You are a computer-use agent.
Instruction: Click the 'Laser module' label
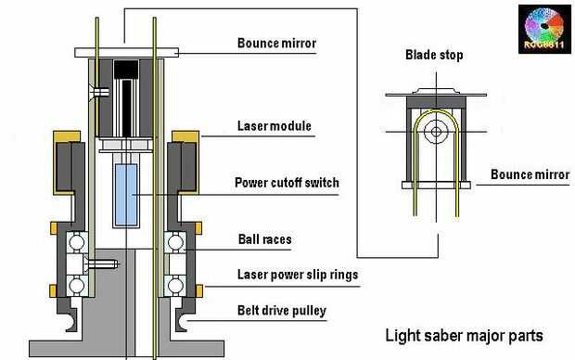tap(275, 126)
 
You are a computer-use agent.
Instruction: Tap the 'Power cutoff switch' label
tap(287, 183)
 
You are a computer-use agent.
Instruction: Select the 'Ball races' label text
tap(264, 239)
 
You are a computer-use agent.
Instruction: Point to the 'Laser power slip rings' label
tap(298, 275)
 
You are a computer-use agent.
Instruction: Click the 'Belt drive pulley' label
tap(282, 311)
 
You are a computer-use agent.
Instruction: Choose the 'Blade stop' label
tap(434, 55)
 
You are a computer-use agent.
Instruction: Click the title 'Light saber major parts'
tap(464, 336)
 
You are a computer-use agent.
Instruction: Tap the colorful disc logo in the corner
tap(544, 30)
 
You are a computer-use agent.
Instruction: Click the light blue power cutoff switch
tap(126, 195)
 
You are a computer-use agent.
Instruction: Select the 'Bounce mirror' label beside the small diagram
tap(530, 174)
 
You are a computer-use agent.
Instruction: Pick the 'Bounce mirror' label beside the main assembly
tap(277, 43)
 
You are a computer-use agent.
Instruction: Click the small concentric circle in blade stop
tap(436, 132)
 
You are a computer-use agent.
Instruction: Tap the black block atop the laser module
tap(126, 70)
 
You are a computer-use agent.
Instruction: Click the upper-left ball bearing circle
tap(77, 242)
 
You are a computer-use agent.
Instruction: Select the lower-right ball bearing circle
tap(175, 285)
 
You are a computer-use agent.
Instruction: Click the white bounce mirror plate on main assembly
tap(127, 53)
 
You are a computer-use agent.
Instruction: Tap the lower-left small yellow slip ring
tap(53, 290)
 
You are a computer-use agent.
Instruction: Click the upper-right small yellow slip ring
tap(198, 228)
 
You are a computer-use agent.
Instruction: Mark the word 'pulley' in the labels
tap(309, 311)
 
